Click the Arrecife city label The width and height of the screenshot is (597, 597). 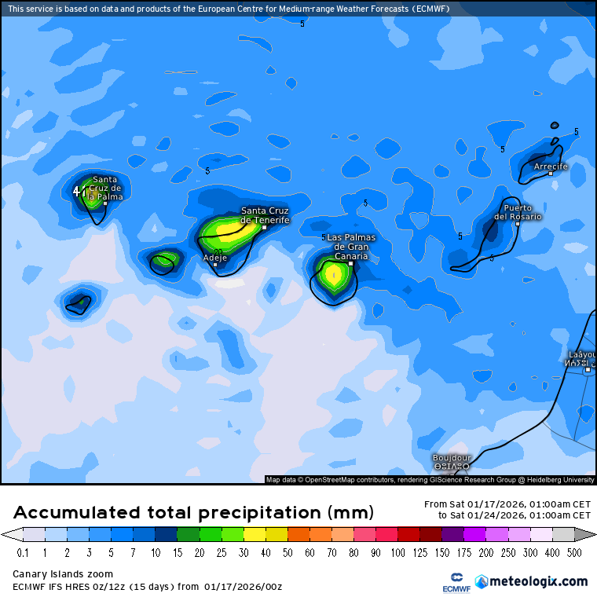tap(550, 167)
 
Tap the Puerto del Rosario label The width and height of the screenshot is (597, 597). tap(518, 212)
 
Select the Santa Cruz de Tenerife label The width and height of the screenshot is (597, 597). tap(265, 215)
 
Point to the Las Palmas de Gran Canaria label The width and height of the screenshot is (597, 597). tap(350, 247)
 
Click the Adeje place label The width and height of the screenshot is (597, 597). tap(215, 257)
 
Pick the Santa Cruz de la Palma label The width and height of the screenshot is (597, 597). tap(104, 188)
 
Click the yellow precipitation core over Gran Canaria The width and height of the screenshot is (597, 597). tap(333, 275)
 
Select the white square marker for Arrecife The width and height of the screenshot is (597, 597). tap(551, 174)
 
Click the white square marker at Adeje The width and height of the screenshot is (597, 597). tap(215, 265)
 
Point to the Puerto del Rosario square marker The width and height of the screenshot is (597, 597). tap(517, 224)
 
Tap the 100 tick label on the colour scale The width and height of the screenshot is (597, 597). tap(398, 553)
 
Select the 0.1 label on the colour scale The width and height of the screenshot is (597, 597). tap(23, 553)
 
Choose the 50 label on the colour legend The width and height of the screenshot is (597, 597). tap(288, 553)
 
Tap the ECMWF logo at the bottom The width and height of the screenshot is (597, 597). tap(450, 582)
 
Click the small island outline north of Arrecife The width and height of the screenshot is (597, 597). tap(555, 125)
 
